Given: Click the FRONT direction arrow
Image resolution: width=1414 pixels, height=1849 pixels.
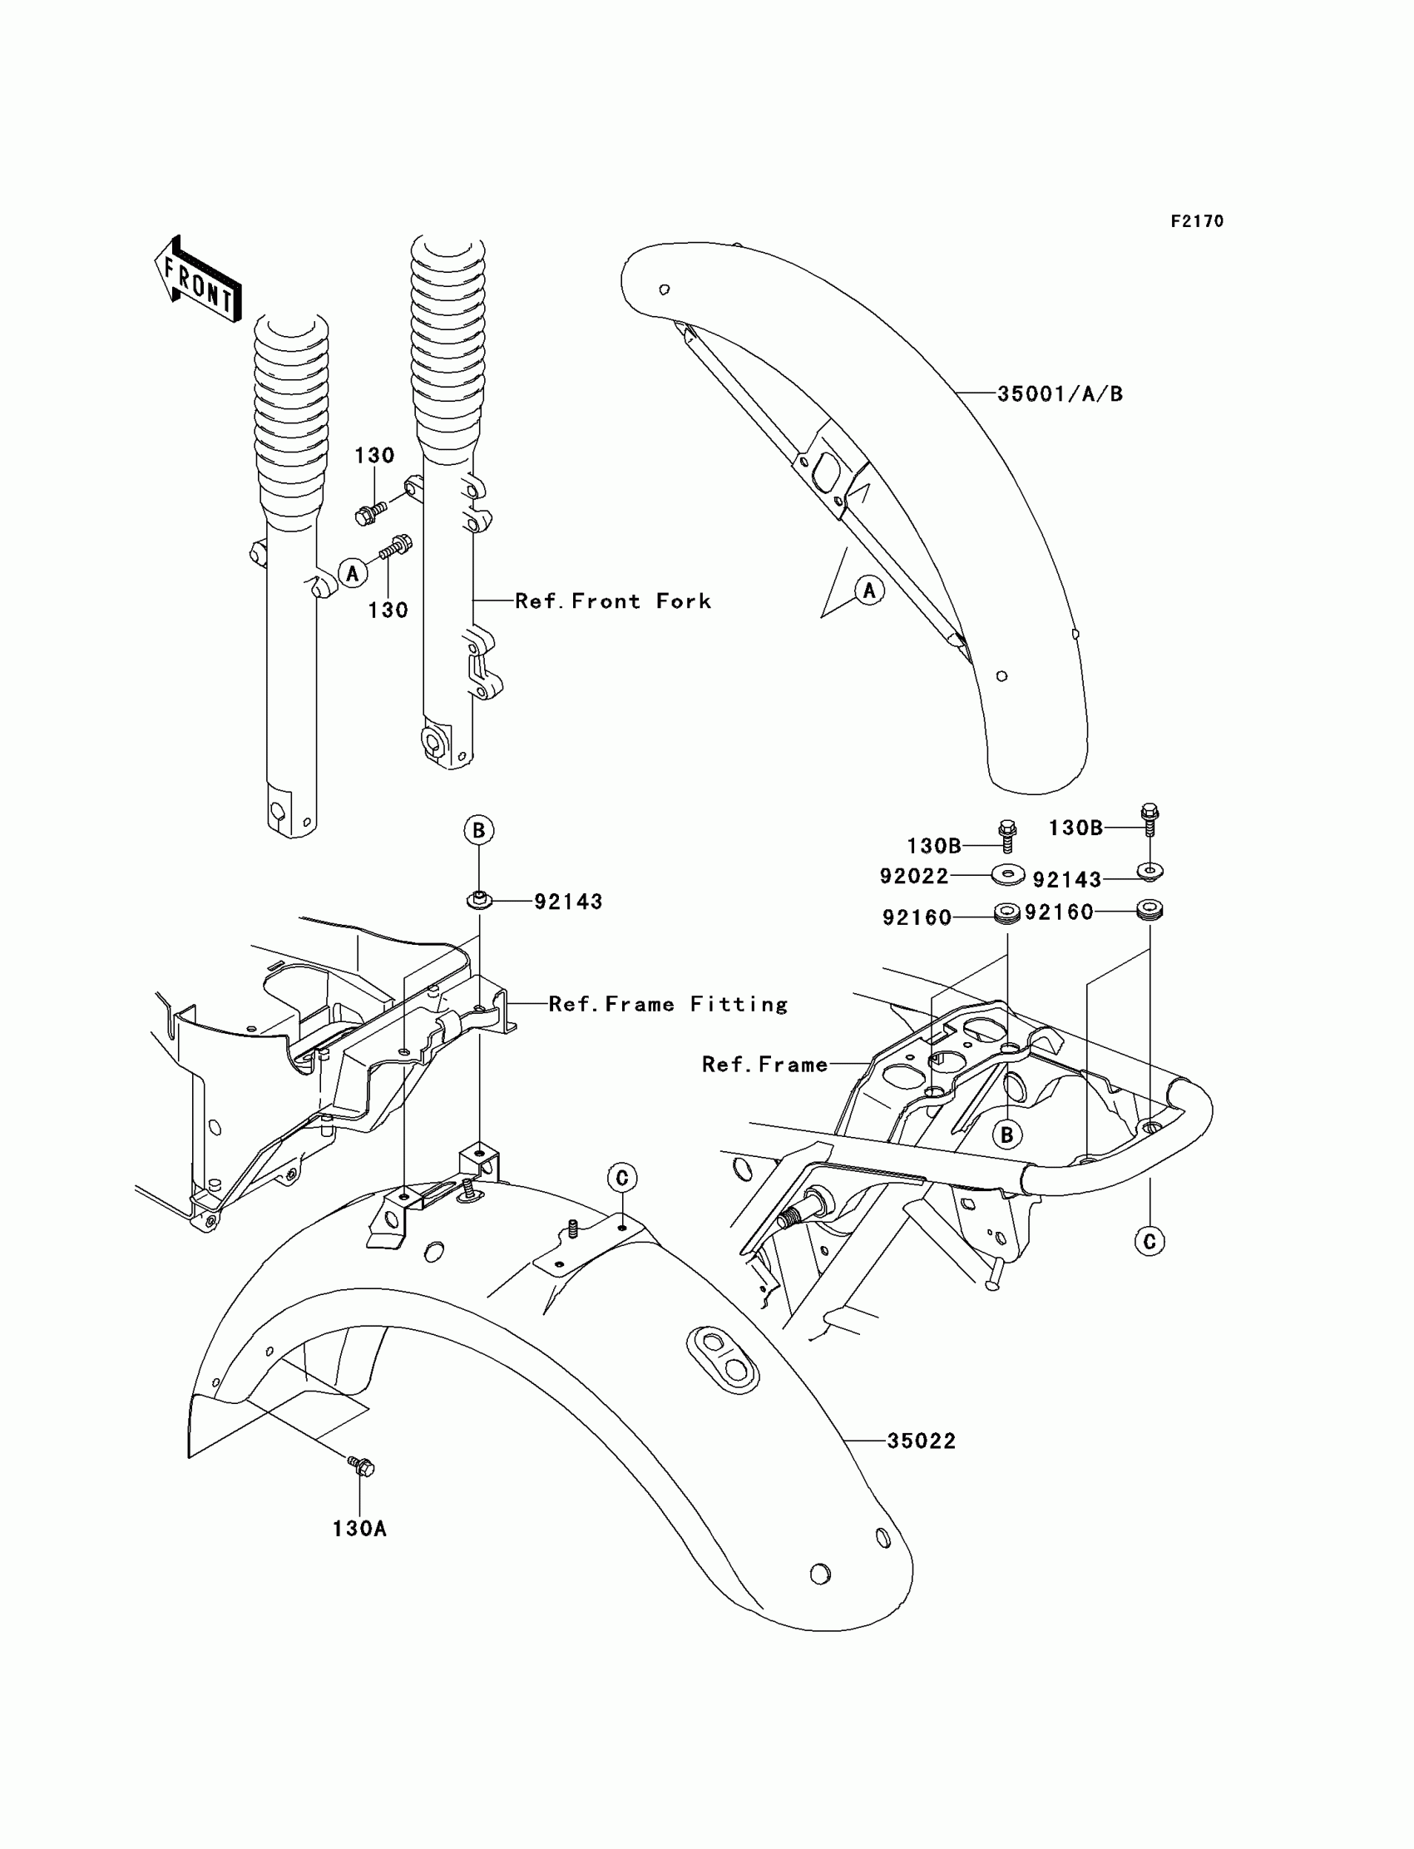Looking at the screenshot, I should point(199,279).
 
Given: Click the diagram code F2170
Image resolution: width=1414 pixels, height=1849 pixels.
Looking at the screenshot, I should point(1196,221).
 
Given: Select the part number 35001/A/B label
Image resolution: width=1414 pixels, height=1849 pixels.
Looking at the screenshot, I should point(1060,394).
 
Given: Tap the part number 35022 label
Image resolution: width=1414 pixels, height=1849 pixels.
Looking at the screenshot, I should point(921,1441).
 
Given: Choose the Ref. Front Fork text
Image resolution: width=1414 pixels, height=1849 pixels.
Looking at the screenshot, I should point(613,601).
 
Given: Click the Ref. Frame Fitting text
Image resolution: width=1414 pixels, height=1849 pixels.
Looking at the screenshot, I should point(667,1004).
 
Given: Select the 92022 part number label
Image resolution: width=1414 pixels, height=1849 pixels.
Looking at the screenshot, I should point(913,876).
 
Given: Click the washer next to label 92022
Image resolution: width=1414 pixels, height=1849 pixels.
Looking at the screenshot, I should point(1007,875).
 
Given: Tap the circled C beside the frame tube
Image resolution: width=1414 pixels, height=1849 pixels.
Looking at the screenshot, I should point(1149,1241).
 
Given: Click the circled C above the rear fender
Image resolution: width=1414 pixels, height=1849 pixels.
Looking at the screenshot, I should point(622,1178).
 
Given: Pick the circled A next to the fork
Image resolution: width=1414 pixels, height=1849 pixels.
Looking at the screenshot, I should point(353,573).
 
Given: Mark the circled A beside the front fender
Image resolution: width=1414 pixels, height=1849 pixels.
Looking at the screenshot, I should point(869,591).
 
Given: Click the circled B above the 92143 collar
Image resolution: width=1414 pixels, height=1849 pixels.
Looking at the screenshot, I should point(479,831).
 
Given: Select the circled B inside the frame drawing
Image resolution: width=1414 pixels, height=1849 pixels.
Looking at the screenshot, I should point(1006,1135).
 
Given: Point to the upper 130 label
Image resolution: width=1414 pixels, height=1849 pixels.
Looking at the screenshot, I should point(374,456).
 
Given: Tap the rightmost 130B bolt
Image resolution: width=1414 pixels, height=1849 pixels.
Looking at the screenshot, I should point(1149,817).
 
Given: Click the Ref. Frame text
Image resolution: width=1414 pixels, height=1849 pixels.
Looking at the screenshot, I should point(764,1065).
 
